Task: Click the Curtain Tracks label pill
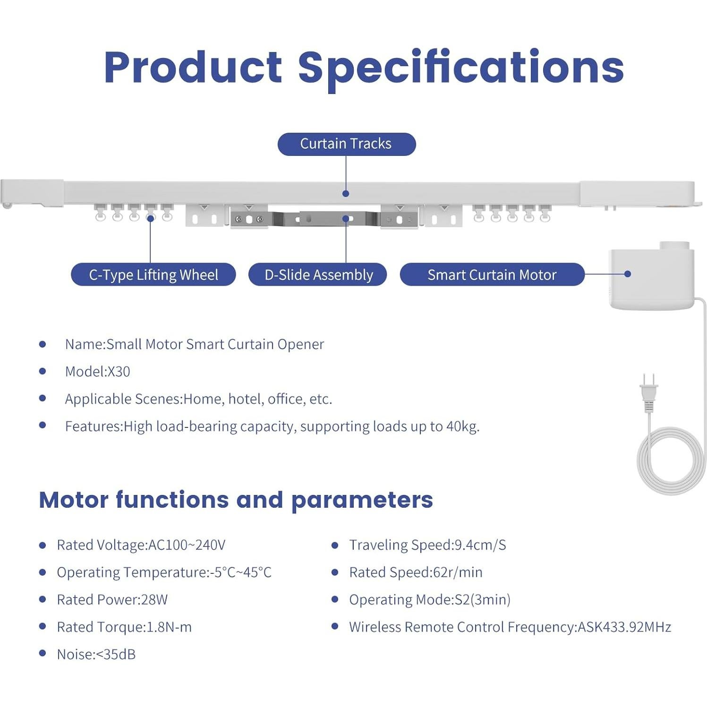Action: [346, 144]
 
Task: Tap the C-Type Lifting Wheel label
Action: [153, 274]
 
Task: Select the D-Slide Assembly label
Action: [318, 274]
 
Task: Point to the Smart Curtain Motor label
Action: [492, 274]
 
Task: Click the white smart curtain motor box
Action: [652, 279]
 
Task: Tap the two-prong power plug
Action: [648, 392]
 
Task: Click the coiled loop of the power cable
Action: [671, 460]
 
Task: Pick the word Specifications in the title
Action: [461, 68]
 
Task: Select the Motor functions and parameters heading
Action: [236, 500]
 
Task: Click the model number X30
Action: [119, 372]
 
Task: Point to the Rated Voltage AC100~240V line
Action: [141, 545]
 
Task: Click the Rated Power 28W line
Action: [112, 600]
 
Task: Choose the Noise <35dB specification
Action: [96, 655]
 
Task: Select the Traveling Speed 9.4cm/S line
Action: [427, 545]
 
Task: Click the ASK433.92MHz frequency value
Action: [624, 627]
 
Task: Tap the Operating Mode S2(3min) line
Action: [430, 600]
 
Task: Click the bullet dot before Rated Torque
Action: [43, 627]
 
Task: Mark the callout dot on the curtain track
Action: [346, 194]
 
